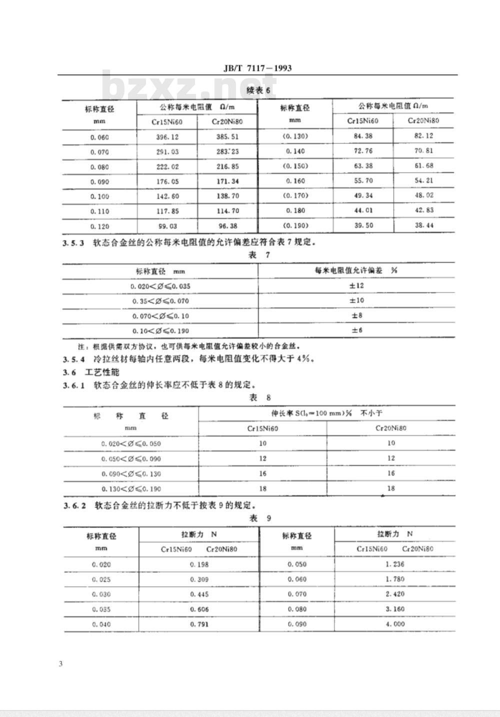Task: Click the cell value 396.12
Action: (x=167, y=137)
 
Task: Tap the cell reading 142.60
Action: (x=167, y=196)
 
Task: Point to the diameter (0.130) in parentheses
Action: (x=295, y=136)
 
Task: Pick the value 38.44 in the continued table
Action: (x=423, y=225)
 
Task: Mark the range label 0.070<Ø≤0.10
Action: (x=160, y=316)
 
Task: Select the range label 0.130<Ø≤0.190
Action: (x=131, y=488)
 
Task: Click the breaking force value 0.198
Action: (x=199, y=564)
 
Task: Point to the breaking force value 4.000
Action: (x=395, y=624)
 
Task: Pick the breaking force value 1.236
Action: (x=395, y=564)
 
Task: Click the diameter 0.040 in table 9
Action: (x=101, y=624)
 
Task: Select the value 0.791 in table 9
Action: (x=199, y=624)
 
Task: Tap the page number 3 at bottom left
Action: (x=60, y=664)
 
